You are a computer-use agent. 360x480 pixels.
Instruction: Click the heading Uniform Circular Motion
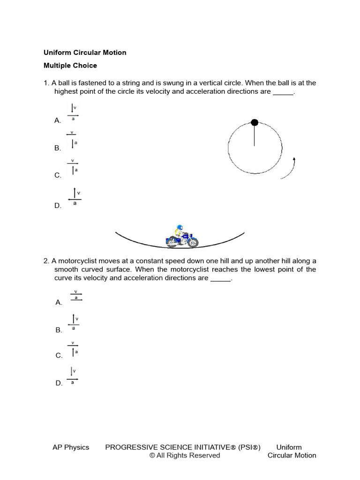85,52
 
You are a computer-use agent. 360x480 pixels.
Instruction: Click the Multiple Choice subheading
70,66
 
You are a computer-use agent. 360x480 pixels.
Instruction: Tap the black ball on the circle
255,123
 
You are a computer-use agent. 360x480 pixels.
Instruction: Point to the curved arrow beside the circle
289,169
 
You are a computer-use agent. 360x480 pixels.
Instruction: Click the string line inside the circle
255,136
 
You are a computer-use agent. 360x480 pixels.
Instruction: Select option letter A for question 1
58,120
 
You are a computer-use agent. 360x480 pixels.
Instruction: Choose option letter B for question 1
58,148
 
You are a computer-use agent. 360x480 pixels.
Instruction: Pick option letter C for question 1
58,175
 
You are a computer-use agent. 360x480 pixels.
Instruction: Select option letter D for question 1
58,205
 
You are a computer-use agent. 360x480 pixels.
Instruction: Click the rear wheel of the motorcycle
172,242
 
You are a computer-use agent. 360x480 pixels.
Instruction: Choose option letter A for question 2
59,303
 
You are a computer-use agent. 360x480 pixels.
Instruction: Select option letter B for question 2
59,330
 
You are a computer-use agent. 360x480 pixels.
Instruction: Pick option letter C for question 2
59,355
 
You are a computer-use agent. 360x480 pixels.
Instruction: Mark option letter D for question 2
59,383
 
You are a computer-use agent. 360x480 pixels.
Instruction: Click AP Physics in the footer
71,447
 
